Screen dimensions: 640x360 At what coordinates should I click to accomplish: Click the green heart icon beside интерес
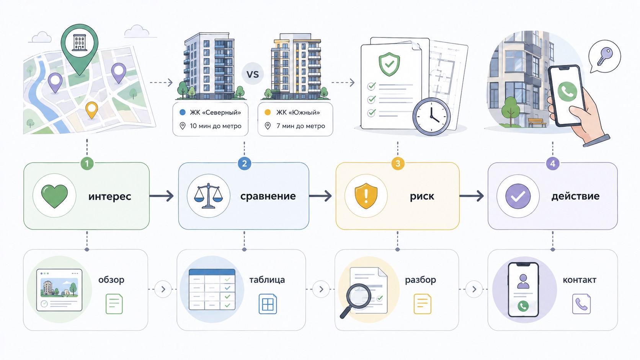click(55, 196)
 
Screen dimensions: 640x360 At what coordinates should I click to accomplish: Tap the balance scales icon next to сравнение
click(209, 196)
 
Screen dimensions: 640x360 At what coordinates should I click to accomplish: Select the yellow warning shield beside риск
click(366, 196)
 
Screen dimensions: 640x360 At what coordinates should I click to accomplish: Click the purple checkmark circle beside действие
click(518, 196)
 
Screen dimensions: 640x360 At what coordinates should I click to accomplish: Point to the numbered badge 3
click(398, 164)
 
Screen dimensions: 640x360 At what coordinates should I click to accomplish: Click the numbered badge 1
click(87, 164)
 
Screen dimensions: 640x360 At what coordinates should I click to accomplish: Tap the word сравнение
click(268, 196)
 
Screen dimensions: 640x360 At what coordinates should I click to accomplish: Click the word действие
click(575, 196)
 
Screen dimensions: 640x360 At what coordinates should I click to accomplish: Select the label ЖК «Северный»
click(216, 112)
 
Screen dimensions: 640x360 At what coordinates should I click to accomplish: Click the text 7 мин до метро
click(300, 126)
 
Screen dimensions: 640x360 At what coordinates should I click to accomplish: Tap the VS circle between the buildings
click(253, 74)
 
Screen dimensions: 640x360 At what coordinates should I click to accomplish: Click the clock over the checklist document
click(431, 116)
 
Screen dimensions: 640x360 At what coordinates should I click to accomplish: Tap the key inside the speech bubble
click(605, 57)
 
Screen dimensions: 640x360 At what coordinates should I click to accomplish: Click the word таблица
click(267, 280)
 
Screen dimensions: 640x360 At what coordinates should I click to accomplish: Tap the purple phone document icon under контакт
click(581, 304)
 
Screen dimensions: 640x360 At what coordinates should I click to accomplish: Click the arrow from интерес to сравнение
click(162, 196)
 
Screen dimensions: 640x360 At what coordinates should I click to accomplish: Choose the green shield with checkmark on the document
click(389, 64)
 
